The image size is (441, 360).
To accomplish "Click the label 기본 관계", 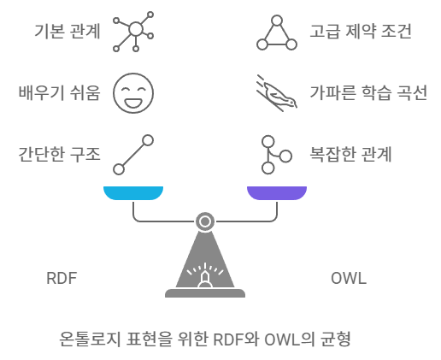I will click(x=67, y=32).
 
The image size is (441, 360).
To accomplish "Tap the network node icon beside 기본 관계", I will click(x=135, y=32).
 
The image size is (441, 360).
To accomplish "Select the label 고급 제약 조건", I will click(x=361, y=32).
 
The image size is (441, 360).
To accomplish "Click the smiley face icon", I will click(x=133, y=93).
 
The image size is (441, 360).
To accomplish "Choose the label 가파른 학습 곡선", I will click(x=368, y=93).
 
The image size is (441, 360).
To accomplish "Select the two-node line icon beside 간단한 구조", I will click(x=133, y=155).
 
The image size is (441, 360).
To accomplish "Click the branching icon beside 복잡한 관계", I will click(x=275, y=155).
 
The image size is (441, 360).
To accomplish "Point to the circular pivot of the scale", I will click(x=205, y=221).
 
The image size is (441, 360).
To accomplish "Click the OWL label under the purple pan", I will click(x=348, y=279).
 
